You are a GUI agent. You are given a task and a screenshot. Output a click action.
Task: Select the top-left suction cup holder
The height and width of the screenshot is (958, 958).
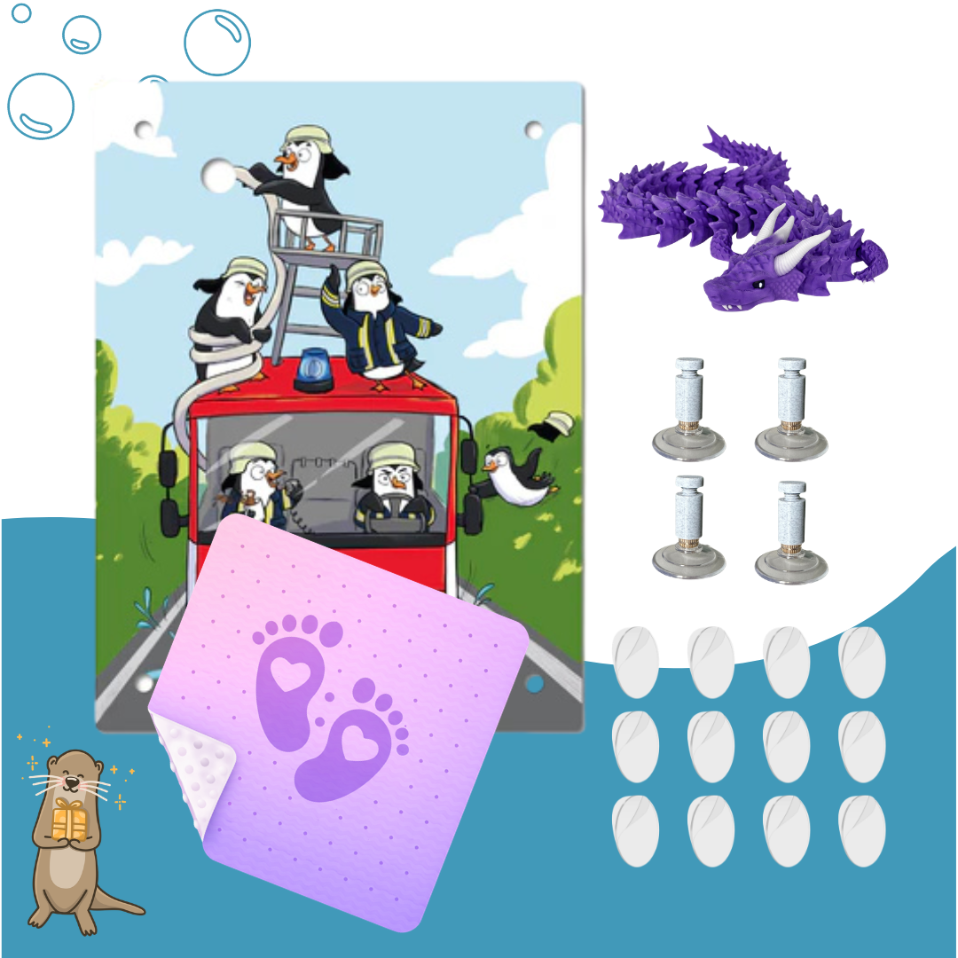pos(688,409)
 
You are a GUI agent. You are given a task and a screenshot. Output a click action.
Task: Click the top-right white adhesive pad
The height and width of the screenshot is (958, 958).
pos(861,662)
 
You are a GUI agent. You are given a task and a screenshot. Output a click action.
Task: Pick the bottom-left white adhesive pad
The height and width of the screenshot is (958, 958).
pos(635,830)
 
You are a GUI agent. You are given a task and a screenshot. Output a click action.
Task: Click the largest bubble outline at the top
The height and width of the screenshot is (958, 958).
pos(217,42)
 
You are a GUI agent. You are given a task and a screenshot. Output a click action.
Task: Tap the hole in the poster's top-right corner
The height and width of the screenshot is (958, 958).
pos(533,130)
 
